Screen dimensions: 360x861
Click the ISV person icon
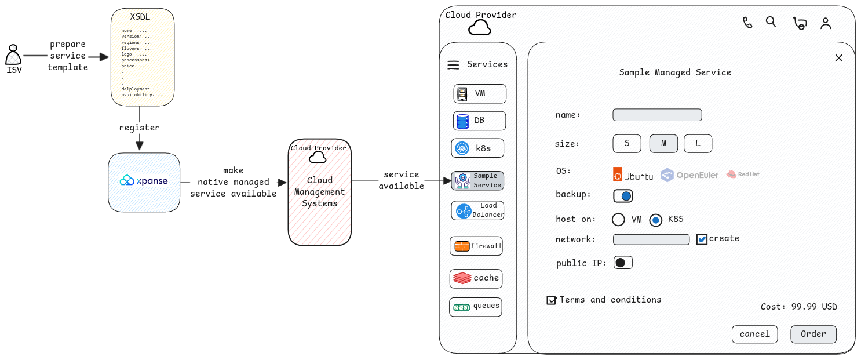(x=13, y=56)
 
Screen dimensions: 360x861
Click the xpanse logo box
(x=144, y=181)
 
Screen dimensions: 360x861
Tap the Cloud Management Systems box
(x=319, y=192)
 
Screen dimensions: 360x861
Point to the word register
(x=139, y=128)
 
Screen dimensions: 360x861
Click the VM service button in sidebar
(x=480, y=93)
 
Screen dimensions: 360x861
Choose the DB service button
(x=479, y=121)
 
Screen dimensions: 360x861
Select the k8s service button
(x=477, y=148)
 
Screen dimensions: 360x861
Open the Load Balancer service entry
(x=477, y=210)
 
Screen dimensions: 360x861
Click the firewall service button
(x=476, y=246)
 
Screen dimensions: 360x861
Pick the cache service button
(x=476, y=278)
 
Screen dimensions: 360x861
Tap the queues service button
(x=475, y=307)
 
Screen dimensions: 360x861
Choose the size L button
(x=698, y=144)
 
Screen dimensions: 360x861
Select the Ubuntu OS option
(x=633, y=174)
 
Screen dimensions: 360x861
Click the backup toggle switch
(x=623, y=196)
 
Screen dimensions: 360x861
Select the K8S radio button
(x=655, y=220)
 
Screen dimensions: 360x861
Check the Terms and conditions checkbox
(x=552, y=300)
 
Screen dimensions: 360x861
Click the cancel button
(x=754, y=334)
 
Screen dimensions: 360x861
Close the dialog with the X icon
(x=838, y=57)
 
